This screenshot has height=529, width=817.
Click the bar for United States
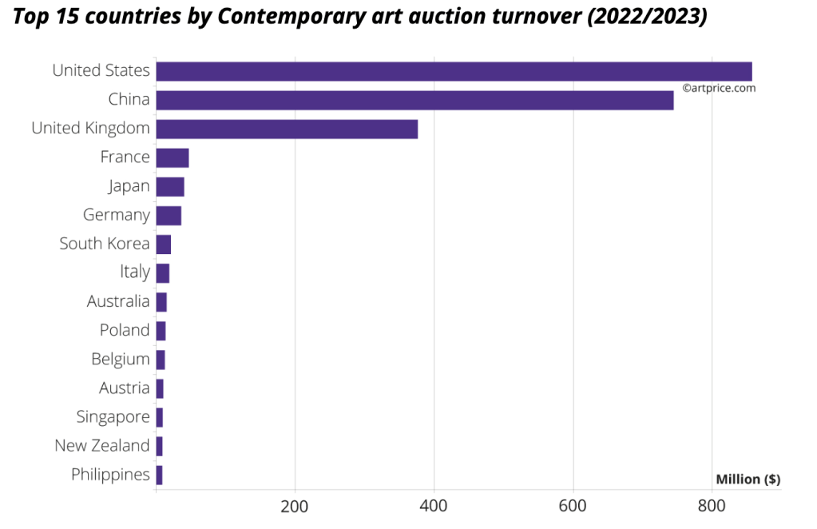pos(454,71)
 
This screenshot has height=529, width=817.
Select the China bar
pos(414,100)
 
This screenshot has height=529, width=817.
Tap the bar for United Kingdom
pos(287,129)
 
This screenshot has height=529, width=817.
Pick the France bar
pos(173,157)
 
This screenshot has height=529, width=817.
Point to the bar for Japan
pos(170,186)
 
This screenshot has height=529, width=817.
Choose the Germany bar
pos(169,215)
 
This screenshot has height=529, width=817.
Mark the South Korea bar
pos(164,244)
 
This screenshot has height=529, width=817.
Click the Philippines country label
pos(110,475)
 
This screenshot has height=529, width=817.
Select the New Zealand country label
pos(102,446)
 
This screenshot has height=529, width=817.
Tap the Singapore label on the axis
pos(113,417)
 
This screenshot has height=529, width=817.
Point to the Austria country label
pos(125,388)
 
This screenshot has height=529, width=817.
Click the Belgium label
pos(121,360)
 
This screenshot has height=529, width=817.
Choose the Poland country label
pos(125,330)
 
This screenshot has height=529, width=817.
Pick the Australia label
pos(118,301)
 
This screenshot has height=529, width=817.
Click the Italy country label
pos(135,272)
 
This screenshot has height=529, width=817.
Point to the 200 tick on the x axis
pos(295,507)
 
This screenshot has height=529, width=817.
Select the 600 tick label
pos(573,507)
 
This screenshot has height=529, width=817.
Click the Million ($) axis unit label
pos(748,479)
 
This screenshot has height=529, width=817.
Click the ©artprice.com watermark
pos(719,89)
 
